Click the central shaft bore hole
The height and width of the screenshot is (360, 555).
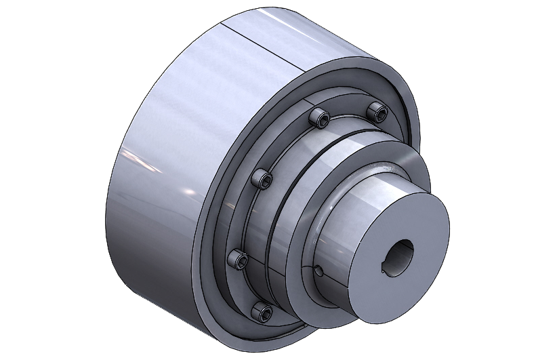(x=401, y=257)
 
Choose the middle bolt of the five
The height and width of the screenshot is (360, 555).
(x=263, y=179)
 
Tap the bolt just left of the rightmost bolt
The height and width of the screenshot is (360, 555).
(x=319, y=119)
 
